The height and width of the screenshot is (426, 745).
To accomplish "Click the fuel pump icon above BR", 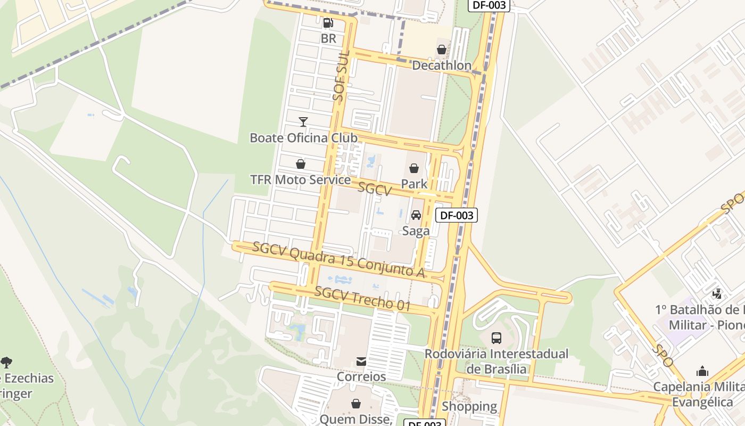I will pyautogui.click(x=328, y=23).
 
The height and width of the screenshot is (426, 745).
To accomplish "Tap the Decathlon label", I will pyautogui.click(x=442, y=65).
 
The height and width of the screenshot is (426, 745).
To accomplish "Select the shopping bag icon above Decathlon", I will pyautogui.click(x=442, y=50).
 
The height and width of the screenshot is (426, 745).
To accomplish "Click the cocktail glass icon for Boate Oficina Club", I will pyautogui.click(x=303, y=122).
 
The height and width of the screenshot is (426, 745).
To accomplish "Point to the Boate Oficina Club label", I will pyautogui.click(x=303, y=138).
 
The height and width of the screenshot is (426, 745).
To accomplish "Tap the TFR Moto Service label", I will pyautogui.click(x=301, y=180).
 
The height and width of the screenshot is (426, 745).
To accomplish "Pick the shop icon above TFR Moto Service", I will pyautogui.click(x=301, y=164).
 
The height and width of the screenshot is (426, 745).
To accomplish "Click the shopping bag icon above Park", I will pyautogui.click(x=414, y=169).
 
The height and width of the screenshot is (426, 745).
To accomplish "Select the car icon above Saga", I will pyautogui.click(x=416, y=215).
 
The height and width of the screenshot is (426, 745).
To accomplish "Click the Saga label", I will pyautogui.click(x=416, y=231).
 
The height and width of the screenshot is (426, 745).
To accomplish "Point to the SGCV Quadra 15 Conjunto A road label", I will pyautogui.click(x=338, y=260).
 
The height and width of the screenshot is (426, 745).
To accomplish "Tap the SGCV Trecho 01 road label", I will pyautogui.click(x=362, y=299).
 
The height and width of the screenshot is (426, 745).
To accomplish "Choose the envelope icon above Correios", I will pyautogui.click(x=361, y=362).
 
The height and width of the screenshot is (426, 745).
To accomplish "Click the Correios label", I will pyautogui.click(x=361, y=376).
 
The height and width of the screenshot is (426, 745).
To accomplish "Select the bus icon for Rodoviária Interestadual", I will pyautogui.click(x=496, y=338).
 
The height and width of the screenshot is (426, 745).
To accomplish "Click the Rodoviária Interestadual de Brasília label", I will pyautogui.click(x=496, y=361).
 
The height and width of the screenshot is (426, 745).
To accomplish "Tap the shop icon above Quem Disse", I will pyautogui.click(x=356, y=404).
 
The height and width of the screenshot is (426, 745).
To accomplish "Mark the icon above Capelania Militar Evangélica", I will pyautogui.click(x=702, y=371).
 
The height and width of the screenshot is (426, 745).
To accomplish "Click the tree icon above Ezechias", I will pyautogui.click(x=6, y=363).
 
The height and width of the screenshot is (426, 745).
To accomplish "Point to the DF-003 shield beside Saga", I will pyautogui.click(x=456, y=215).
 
